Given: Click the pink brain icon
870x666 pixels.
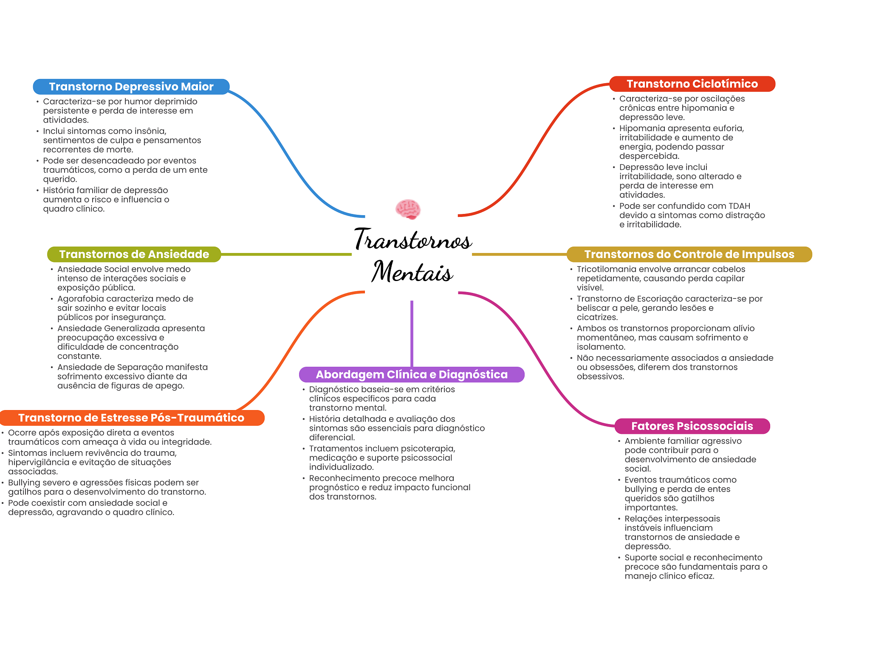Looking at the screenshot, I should pyautogui.click(x=408, y=209).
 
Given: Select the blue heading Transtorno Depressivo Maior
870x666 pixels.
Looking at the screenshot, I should pyautogui.click(x=131, y=87).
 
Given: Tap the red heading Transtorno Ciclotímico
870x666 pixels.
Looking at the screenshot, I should pyautogui.click(x=692, y=84).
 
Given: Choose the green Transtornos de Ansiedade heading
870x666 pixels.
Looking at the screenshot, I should pyautogui.click(x=134, y=254).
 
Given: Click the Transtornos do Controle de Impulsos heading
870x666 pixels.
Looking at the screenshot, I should pyautogui.click(x=689, y=254).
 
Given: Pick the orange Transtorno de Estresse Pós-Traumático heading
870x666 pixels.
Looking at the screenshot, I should pyautogui.click(x=131, y=418).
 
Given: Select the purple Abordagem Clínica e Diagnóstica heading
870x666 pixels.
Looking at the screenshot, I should pyautogui.click(x=412, y=374).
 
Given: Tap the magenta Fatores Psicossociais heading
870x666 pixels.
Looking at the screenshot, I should pyautogui.click(x=692, y=426).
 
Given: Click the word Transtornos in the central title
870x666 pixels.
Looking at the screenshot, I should pyautogui.click(x=413, y=240).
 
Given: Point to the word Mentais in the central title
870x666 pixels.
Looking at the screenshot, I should pyautogui.click(x=412, y=272).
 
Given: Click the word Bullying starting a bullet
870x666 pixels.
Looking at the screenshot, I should pyautogui.click(x=26, y=483).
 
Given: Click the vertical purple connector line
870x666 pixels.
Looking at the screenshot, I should pyautogui.click(x=412, y=333).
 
